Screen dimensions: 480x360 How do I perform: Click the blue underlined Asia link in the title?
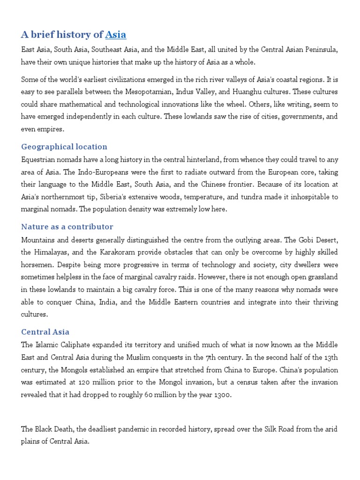pos(115,35)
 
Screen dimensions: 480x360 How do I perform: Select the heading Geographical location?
pos(64,147)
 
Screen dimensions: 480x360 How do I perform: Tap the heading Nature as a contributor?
pos(67,227)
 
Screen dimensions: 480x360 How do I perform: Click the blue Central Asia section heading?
pos(45,332)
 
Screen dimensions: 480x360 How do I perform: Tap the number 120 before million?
pos(85,370)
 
